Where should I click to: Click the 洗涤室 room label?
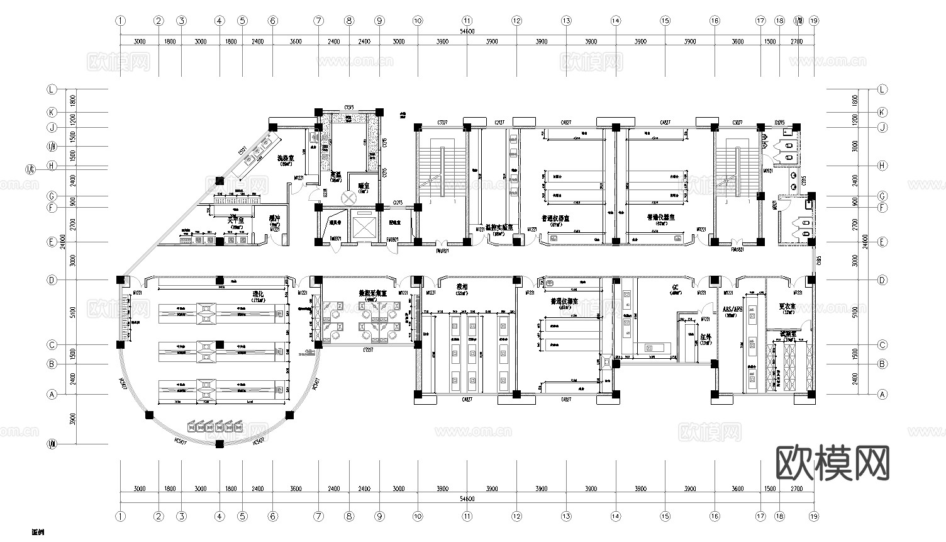[287, 158]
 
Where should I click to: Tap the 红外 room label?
[706, 337]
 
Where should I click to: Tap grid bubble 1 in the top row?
[120, 21]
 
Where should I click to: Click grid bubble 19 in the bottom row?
[814, 516]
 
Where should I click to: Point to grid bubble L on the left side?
[52, 89]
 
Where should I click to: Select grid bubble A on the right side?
[882, 394]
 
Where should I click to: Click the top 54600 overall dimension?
[467, 31]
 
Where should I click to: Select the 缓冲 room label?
[274, 218]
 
